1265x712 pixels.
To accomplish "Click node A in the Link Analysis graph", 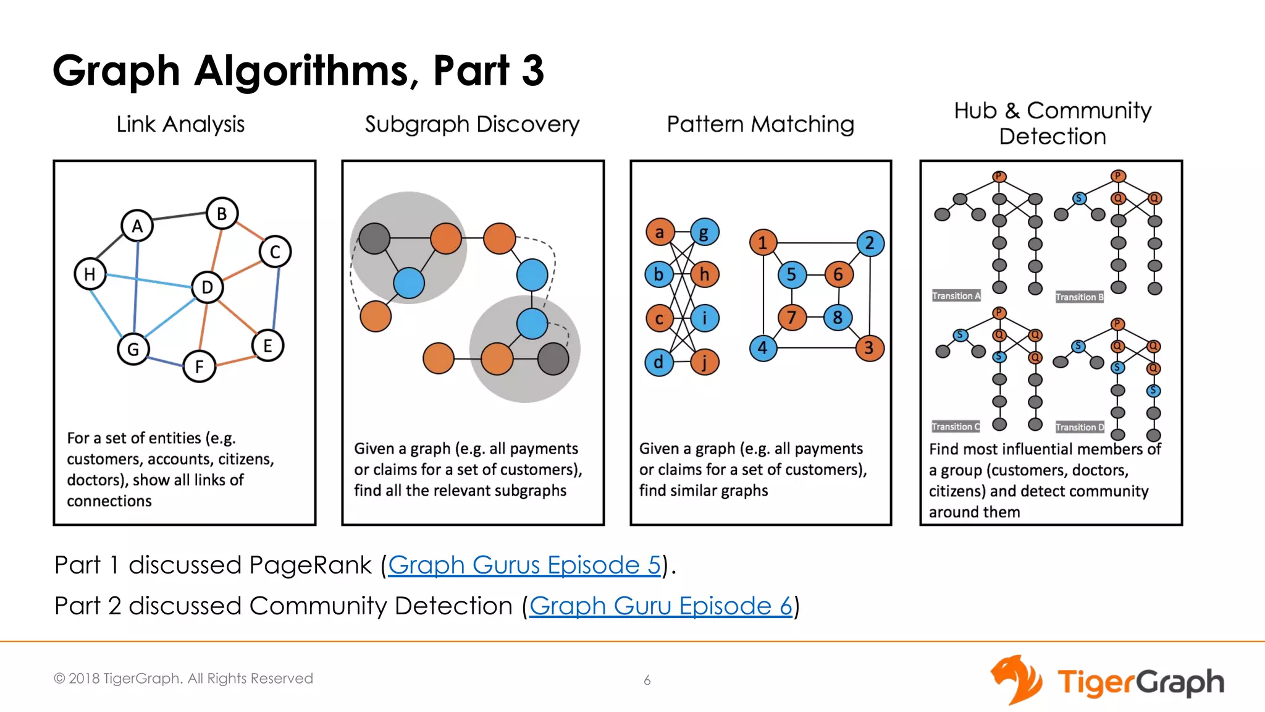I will click(x=137, y=226).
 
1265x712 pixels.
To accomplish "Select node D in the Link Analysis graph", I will click(x=207, y=287).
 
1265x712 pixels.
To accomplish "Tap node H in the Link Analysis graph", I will click(x=90, y=274).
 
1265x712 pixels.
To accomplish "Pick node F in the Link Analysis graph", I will click(x=200, y=367).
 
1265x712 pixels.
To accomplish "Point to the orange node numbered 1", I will click(x=763, y=243).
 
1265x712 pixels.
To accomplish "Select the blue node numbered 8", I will click(x=838, y=318).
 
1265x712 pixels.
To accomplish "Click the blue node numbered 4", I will click(x=763, y=348).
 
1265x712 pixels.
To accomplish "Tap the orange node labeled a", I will click(x=660, y=232).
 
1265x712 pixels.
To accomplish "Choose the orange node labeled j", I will click(x=704, y=362).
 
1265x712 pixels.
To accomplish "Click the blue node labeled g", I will click(x=704, y=233).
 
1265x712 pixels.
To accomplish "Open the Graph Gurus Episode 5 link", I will click(x=524, y=565).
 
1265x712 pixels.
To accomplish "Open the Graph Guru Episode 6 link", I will click(x=660, y=606).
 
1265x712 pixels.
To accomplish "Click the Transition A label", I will click(x=956, y=296).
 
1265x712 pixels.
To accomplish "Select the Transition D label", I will click(x=1080, y=427).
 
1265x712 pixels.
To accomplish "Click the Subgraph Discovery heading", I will click(x=472, y=124).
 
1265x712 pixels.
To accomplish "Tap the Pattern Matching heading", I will click(x=760, y=124).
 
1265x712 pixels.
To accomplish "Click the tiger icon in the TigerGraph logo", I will click(x=1016, y=680).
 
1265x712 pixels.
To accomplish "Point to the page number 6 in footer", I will click(x=647, y=680).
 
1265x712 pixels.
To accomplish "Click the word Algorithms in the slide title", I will click(x=301, y=70).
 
